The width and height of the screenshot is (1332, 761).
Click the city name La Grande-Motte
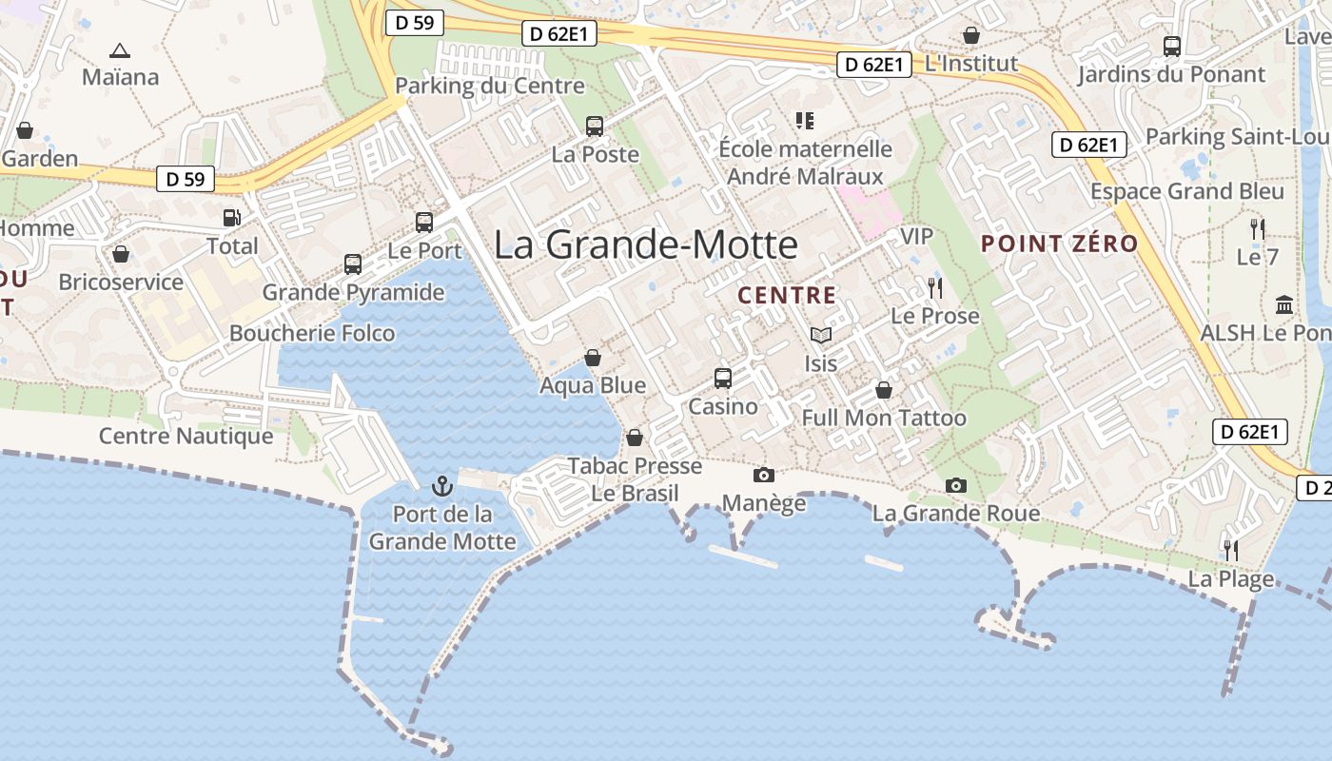click(646, 245)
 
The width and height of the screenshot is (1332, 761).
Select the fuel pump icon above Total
click(231, 218)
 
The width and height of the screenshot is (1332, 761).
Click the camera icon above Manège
click(763, 475)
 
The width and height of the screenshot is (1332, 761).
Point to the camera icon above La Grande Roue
click(956, 485)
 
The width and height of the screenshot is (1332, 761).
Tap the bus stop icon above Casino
click(723, 378)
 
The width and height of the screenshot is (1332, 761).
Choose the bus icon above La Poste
click(595, 126)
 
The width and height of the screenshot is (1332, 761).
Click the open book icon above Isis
click(820, 335)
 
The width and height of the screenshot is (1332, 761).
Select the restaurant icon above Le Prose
click(934, 287)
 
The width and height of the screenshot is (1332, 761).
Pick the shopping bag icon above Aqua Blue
click(593, 358)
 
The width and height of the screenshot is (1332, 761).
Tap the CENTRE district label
click(787, 295)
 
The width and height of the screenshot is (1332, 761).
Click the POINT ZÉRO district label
click(1059, 244)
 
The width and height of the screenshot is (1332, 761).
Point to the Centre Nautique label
click(186, 437)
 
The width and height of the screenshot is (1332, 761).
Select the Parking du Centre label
click(490, 86)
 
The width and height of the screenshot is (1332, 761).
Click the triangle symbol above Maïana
click(120, 50)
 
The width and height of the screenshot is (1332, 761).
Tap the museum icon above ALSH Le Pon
click(1284, 305)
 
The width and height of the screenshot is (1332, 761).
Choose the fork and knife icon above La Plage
click(1230, 550)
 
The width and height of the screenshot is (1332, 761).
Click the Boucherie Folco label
click(312, 333)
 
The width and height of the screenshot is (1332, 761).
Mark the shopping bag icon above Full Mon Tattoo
click(884, 390)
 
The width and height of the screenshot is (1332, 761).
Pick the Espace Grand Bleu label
click(1187, 191)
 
